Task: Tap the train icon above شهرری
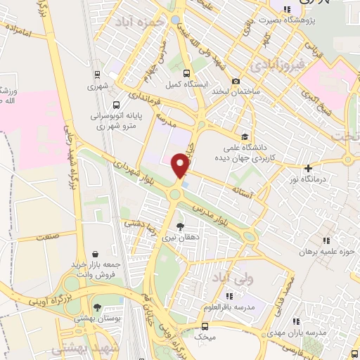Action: point(97,74)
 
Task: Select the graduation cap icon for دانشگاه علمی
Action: point(245,136)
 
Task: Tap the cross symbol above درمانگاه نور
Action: point(309,168)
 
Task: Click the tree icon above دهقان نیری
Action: point(181,226)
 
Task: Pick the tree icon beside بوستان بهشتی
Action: point(97,307)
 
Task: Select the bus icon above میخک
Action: point(204,326)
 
